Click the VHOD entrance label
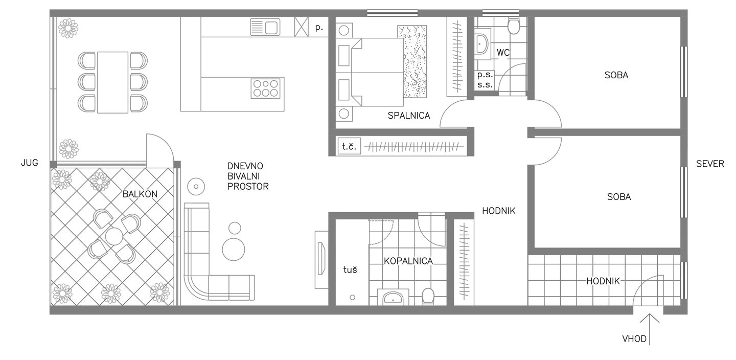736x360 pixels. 634,339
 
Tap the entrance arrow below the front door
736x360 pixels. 649,329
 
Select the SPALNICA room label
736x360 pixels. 409,116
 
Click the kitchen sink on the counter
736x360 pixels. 265,27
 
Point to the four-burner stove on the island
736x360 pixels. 265,88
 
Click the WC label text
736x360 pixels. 503,52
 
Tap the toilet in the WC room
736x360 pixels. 514,26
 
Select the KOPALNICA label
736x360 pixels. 408,261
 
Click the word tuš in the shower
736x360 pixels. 350,269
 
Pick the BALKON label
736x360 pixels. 140,194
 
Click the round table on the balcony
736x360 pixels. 114,236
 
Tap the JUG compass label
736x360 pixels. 30,163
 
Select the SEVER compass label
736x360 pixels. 710,164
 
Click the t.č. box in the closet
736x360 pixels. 349,146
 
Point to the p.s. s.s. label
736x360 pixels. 485,80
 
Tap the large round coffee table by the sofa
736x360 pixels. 234,249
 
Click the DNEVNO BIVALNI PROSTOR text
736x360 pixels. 248,176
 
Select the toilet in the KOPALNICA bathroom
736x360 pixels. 428,296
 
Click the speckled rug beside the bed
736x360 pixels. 412,61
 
